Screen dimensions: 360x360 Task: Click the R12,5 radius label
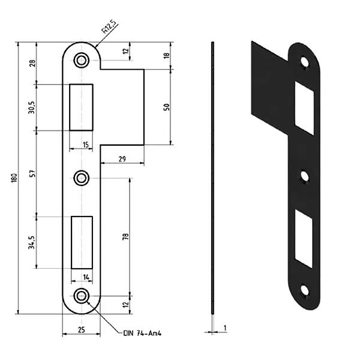[x=109, y=27]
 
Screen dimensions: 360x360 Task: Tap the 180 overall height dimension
[x=14, y=178]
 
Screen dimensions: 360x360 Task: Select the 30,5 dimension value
[x=31, y=107]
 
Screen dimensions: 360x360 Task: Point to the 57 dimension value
[x=33, y=173]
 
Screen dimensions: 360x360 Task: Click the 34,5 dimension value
[x=31, y=242]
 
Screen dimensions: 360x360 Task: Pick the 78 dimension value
[x=125, y=236]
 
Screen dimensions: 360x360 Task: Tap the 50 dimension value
[x=166, y=107]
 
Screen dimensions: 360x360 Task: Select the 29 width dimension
[x=122, y=159]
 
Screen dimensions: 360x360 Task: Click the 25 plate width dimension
[x=81, y=329]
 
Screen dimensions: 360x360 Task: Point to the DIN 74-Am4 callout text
[x=142, y=333]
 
